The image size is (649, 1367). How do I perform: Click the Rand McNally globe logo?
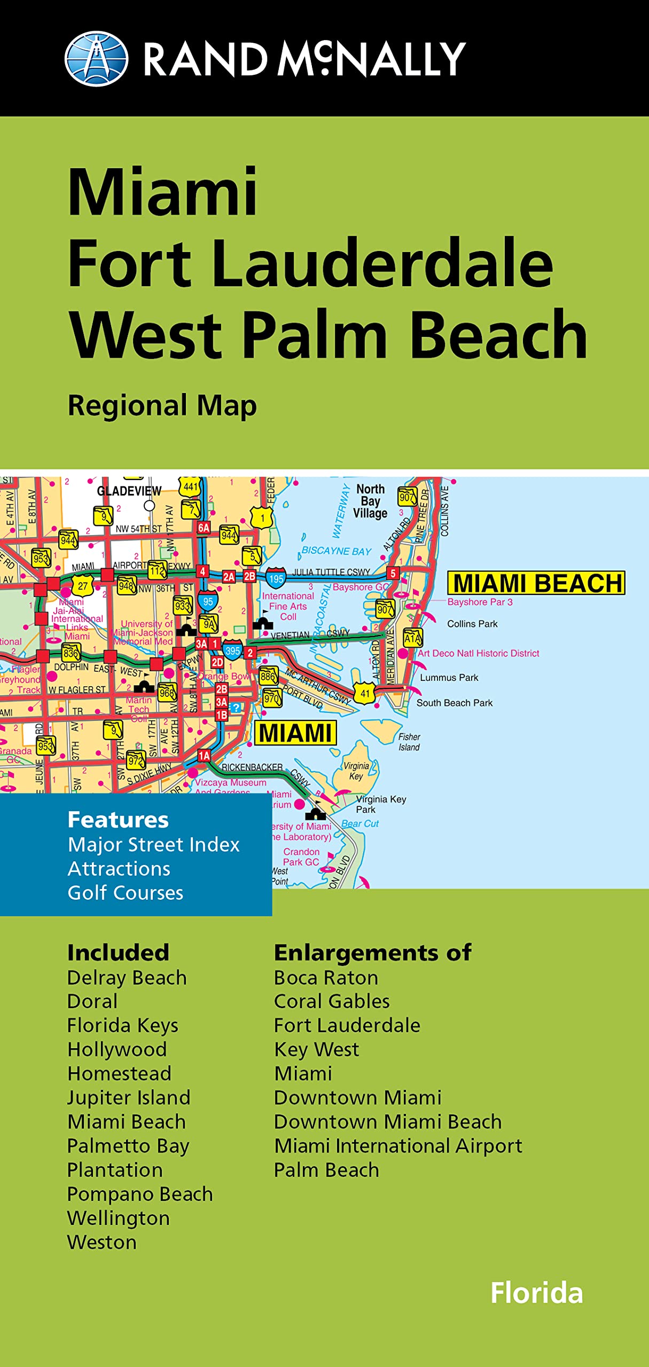point(96,59)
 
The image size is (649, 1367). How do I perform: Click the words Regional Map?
point(162,406)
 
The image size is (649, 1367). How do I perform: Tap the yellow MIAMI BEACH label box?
point(537,583)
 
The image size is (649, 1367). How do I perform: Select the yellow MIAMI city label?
point(295,733)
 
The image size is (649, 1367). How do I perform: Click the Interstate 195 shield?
point(276,578)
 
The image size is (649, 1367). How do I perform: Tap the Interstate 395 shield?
point(232,650)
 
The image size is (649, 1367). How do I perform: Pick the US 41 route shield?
point(365,694)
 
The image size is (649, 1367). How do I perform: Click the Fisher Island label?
point(409,742)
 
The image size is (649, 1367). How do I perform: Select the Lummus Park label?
point(449,678)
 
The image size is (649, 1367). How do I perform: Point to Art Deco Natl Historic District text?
point(478,653)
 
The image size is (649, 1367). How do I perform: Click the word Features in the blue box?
point(118,820)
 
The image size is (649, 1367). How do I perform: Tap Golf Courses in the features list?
point(126,893)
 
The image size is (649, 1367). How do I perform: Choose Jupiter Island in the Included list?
point(129,1098)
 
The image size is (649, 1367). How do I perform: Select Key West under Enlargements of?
point(316,1050)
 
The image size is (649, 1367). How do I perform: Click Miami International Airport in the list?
point(398,1146)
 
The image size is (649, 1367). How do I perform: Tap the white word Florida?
point(536,1293)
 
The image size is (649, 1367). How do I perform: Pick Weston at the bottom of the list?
point(102,1243)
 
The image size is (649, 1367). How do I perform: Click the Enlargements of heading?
point(372,953)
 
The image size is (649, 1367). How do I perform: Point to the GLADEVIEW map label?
point(129,491)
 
